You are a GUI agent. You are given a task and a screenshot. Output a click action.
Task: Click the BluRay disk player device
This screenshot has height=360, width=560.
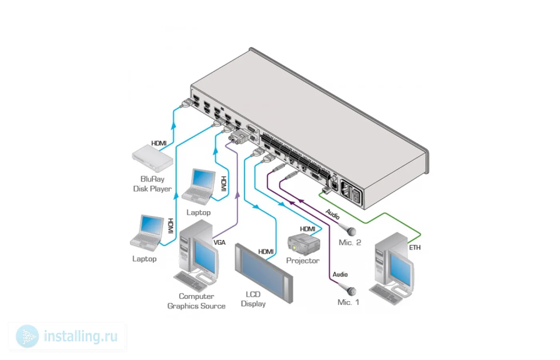tap(152, 158)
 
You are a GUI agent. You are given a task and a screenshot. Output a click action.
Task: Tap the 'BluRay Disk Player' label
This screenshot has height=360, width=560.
tap(152, 184)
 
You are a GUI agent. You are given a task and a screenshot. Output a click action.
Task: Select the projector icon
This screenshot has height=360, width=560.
tap(304, 244)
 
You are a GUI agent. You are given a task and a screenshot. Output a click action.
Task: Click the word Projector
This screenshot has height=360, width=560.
tap(303, 261)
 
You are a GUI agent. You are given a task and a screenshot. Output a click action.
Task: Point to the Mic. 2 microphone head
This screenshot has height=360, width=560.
tap(351, 231)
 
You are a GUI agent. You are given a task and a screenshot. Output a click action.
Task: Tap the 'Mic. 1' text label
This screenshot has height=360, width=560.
tap(348, 302)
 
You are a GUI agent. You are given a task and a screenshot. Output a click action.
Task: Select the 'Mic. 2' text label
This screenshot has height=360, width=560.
tap(350, 242)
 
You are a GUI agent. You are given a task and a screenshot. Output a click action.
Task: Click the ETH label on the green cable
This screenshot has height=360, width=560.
tap(415, 248)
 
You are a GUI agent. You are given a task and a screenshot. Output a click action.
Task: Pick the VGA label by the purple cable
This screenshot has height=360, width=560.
tap(220, 242)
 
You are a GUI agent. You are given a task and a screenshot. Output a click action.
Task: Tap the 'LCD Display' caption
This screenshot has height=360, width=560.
tap(253, 299)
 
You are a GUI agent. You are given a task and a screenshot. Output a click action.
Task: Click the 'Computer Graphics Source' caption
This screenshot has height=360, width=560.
tap(196, 301)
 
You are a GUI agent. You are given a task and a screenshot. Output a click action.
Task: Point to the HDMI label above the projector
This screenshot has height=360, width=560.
tap(308, 229)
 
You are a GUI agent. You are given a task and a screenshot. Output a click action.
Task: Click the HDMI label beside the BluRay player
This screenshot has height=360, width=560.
tap(159, 143)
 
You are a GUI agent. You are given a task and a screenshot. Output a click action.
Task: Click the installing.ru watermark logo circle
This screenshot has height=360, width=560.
tap(28, 336)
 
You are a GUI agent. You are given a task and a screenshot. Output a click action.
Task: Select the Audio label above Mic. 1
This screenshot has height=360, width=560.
tap(340, 274)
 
